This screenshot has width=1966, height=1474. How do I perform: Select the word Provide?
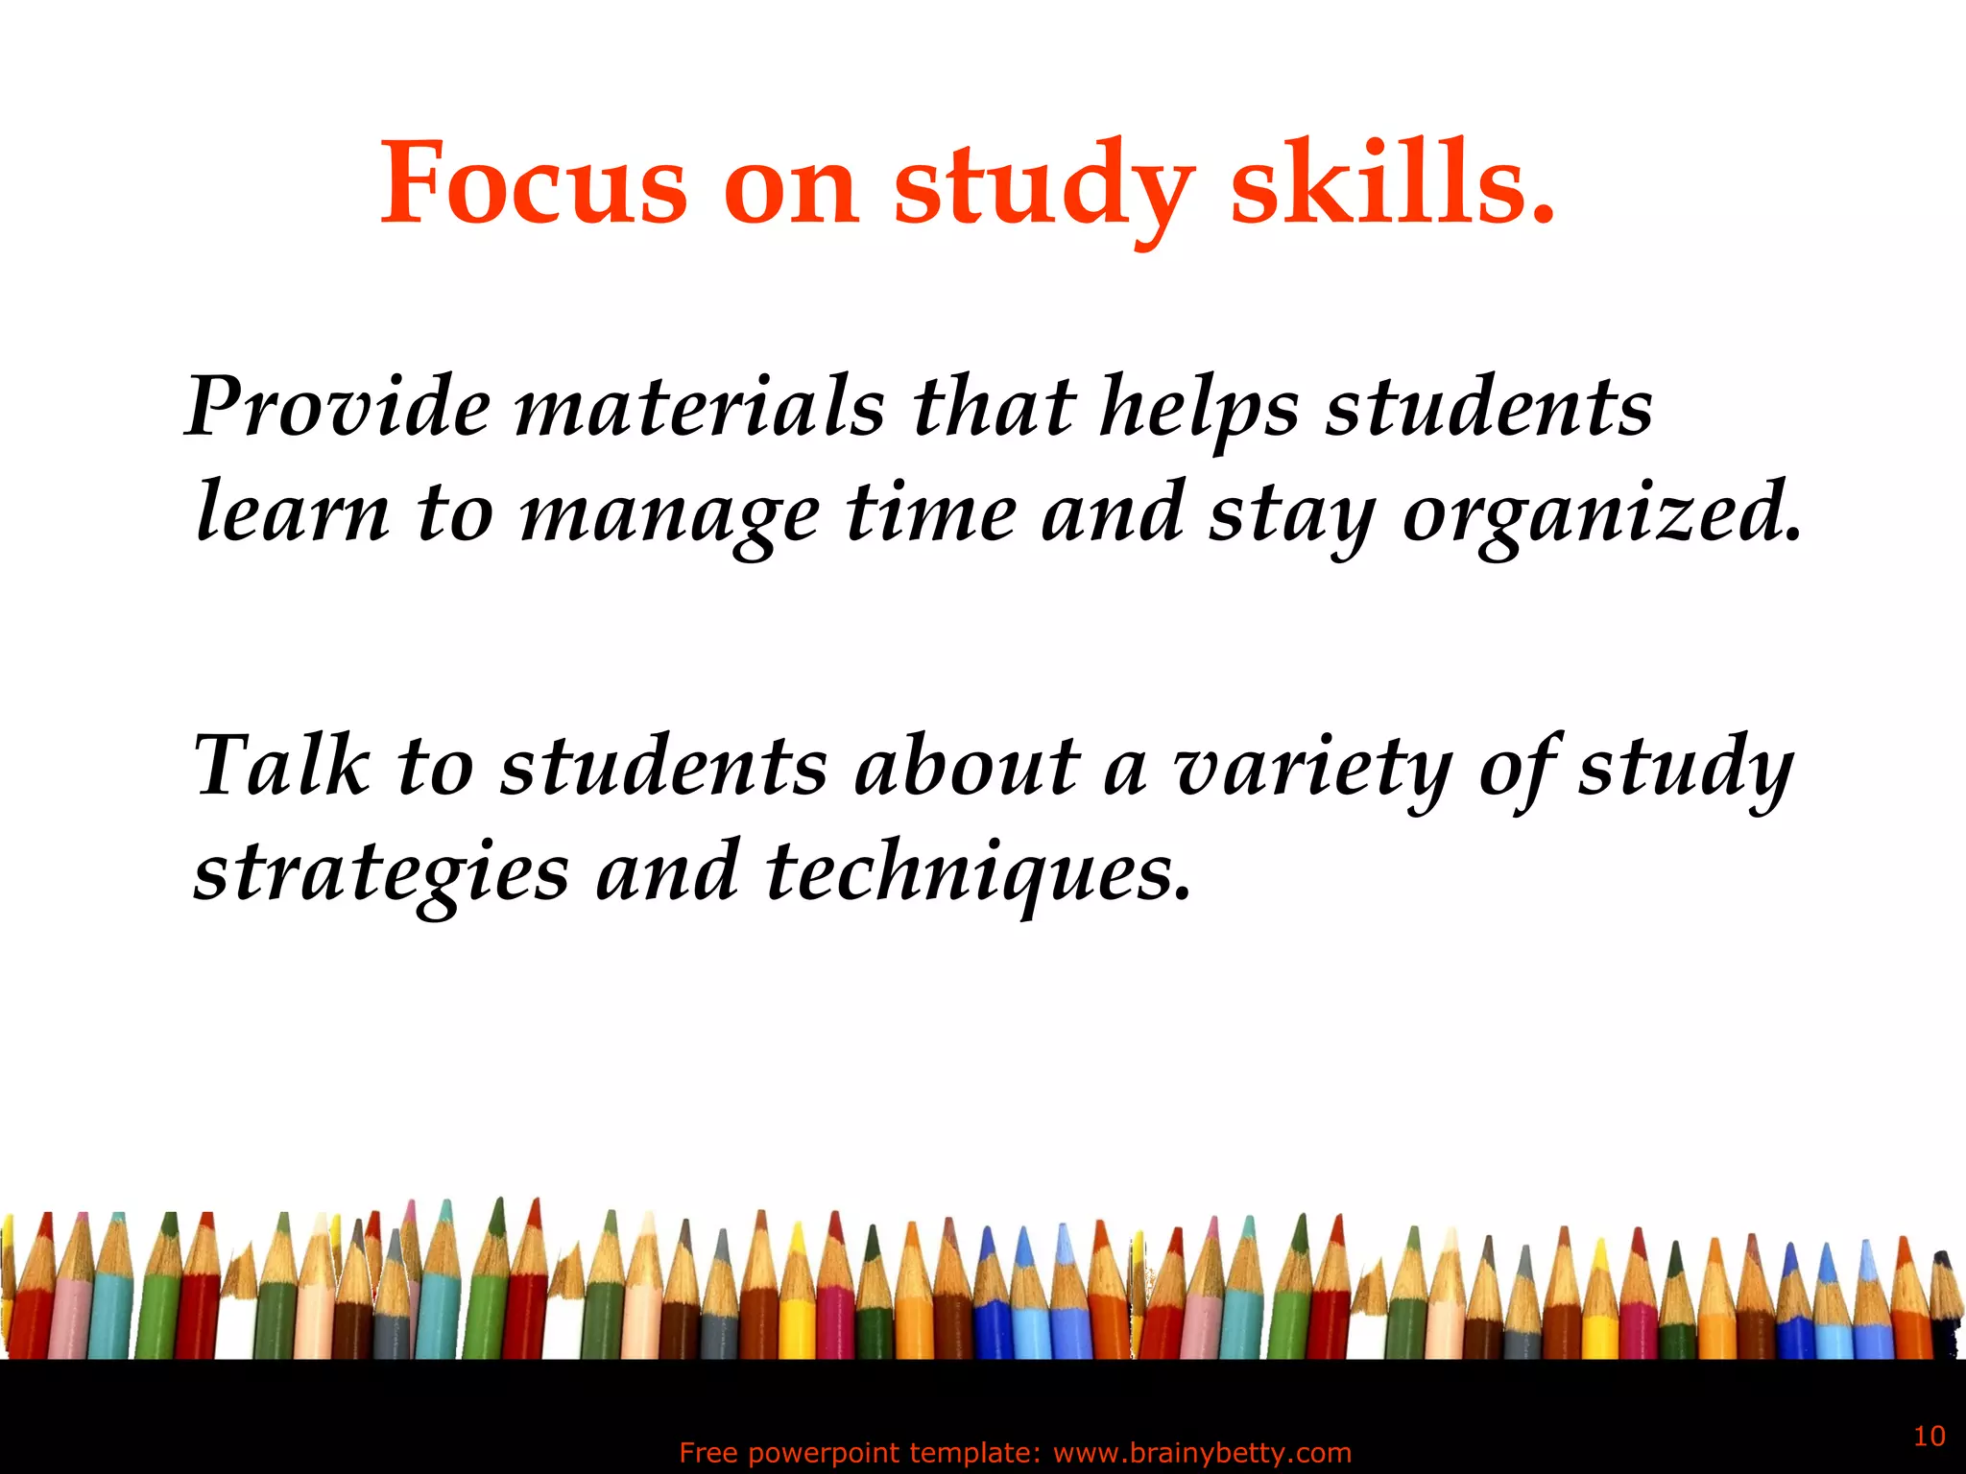tap(337, 407)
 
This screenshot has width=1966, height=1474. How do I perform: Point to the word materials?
tap(699, 407)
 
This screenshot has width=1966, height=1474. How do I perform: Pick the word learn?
tap(293, 511)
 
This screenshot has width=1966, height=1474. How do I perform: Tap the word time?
tap(930, 511)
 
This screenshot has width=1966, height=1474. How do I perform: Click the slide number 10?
tap(1930, 1436)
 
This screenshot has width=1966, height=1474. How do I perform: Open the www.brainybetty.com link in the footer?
tap(1202, 1453)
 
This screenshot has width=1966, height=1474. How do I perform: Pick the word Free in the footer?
tap(708, 1453)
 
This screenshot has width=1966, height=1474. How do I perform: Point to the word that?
tap(993, 407)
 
